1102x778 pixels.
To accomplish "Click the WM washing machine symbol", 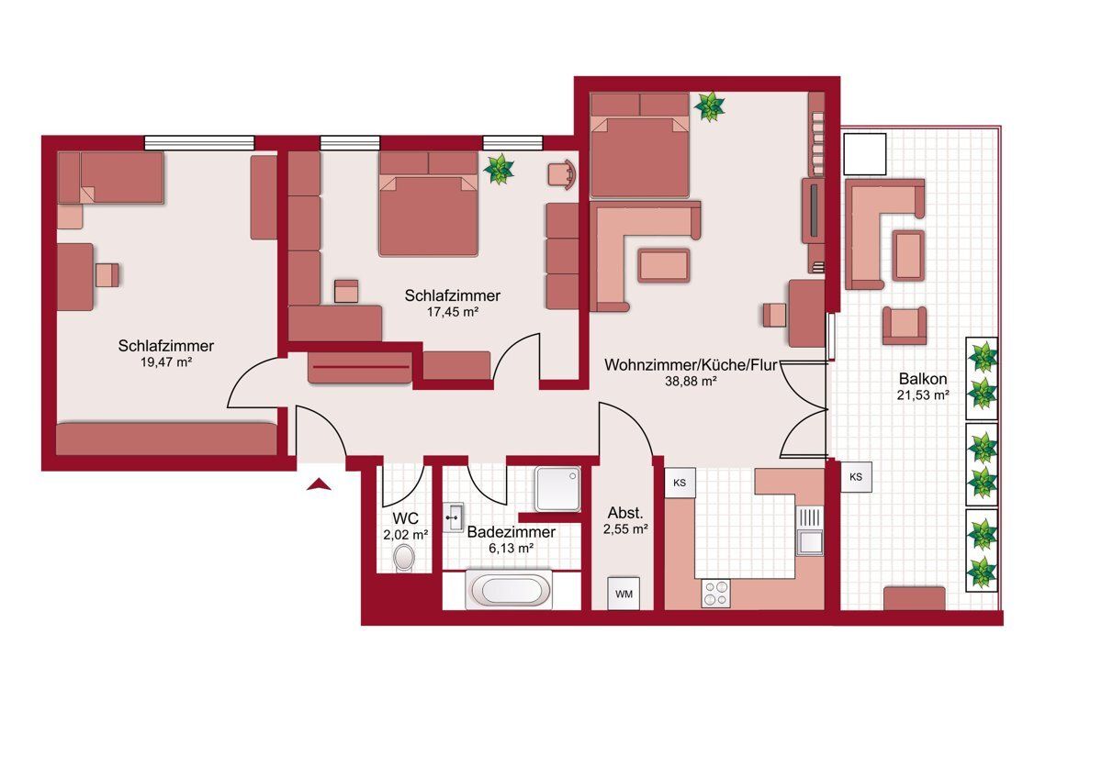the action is (624, 594).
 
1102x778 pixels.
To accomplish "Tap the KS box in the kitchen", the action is (680, 483).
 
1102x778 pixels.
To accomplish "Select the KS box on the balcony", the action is (856, 477).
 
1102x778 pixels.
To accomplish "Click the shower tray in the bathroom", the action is (558, 489).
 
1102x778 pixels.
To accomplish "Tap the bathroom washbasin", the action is (453, 517).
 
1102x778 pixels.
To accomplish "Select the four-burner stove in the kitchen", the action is (715, 594).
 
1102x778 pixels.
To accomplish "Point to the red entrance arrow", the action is (319, 484).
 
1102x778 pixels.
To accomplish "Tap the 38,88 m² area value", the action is (691, 381).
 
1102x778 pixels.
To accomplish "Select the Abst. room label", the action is (625, 513).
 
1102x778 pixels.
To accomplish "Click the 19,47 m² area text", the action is (166, 362).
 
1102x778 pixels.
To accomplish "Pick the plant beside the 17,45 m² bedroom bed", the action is (499, 169).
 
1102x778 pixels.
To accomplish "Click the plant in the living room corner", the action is (709, 106).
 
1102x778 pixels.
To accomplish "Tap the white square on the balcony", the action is (864, 154).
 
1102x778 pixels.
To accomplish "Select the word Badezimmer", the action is (512, 532).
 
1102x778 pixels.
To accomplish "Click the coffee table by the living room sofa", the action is (664, 266).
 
